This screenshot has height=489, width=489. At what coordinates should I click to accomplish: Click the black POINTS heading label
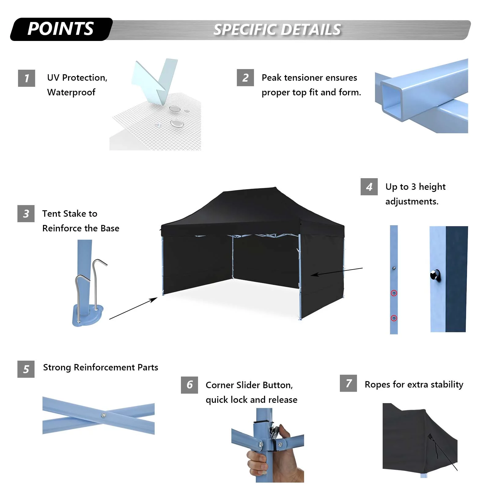pyautogui.click(x=61, y=29)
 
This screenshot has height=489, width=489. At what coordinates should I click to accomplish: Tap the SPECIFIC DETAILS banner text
pyautogui.click(x=277, y=30)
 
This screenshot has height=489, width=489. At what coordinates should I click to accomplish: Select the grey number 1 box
pyautogui.click(x=27, y=78)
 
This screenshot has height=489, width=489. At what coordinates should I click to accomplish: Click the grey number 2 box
pyautogui.click(x=245, y=78)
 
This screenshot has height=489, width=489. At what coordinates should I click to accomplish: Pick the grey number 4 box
pyautogui.click(x=369, y=186)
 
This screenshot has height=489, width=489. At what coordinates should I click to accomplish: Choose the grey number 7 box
pyautogui.click(x=348, y=383)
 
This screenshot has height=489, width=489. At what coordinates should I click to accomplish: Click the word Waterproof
pyautogui.click(x=71, y=92)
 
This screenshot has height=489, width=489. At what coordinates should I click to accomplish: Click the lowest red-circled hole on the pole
pyautogui.click(x=394, y=318)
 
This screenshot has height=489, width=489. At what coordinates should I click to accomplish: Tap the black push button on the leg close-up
pyautogui.click(x=435, y=274)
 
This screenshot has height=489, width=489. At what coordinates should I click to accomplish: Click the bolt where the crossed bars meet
pyautogui.click(x=104, y=415)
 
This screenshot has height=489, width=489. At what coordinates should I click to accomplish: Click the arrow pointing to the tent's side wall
pyautogui.click(x=336, y=271)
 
